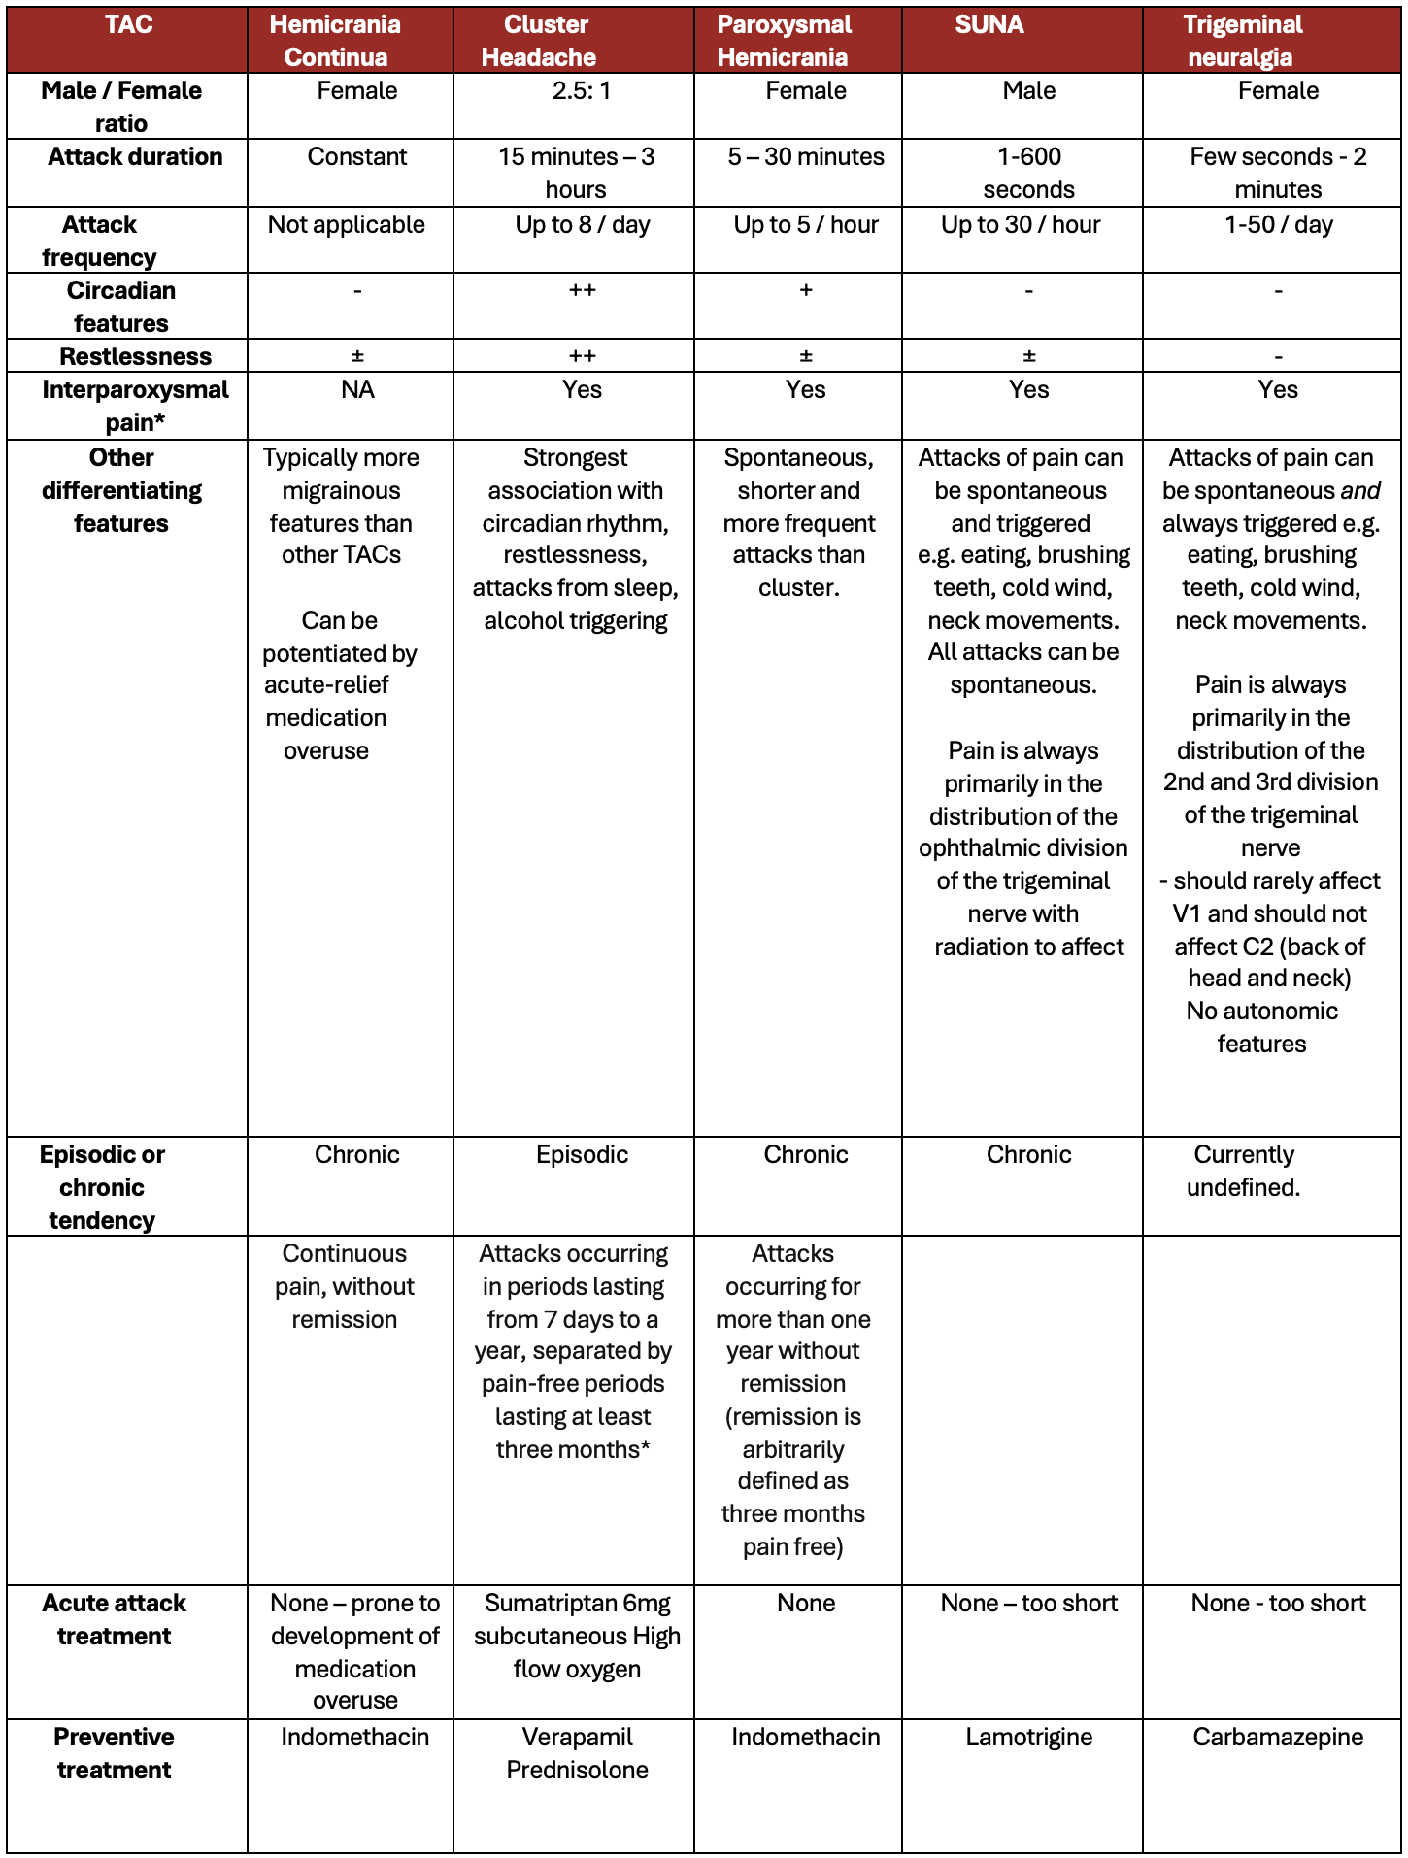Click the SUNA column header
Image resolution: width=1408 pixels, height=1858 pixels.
(x=989, y=25)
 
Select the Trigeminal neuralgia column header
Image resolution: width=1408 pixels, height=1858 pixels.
(x=1242, y=41)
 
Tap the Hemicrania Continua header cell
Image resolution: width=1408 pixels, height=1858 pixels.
(x=335, y=41)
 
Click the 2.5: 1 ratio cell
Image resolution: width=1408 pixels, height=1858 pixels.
(x=582, y=91)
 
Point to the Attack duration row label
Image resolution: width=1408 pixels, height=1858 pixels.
(x=135, y=157)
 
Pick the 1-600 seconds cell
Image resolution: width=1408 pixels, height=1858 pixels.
(x=1028, y=173)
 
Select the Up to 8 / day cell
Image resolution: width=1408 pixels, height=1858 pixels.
(x=582, y=225)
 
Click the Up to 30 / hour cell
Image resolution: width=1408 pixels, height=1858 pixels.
(x=1021, y=225)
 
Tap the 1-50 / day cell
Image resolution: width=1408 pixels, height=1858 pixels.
(x=1278, y=225)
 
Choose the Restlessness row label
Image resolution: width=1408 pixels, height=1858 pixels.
(x=135, y=356)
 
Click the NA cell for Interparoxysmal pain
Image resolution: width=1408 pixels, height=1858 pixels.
(x=357, y=390)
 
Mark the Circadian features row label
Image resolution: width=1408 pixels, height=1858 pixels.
(x=121, y=307)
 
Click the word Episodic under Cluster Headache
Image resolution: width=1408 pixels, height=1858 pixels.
(x=582, y=1155)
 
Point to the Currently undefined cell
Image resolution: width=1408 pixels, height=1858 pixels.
(x=1243, y=1171)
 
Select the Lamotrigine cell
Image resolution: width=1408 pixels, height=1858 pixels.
(x=1028, y=1738)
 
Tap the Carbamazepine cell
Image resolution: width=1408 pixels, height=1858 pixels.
(x=1278, y=1738)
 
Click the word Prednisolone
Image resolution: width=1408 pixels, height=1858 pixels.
(x=577, y=1771)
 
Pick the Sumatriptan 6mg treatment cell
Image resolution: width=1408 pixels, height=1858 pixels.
(x=577, y=1637)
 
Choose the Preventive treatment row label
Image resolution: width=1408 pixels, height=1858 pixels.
(x=115, y=1753)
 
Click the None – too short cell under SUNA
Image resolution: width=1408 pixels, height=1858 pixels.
(x=1028, y=1604)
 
